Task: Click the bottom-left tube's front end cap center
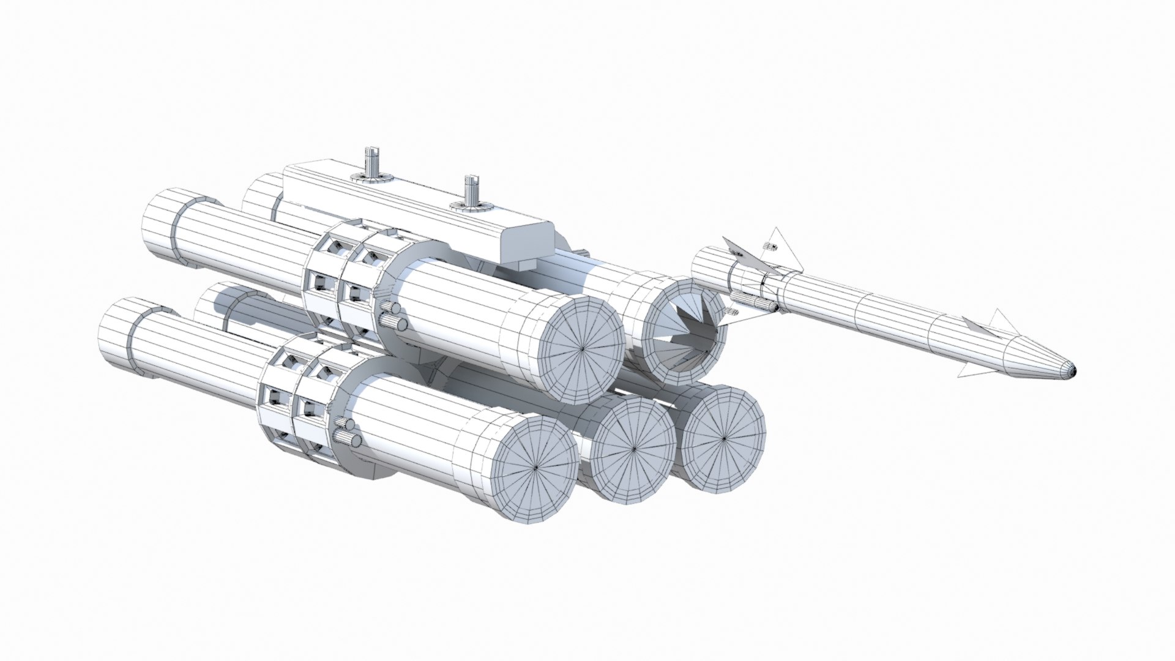(536, 467)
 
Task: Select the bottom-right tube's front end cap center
(724, 438)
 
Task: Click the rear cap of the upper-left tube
(162, 226)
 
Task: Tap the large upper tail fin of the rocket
(783, 251)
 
